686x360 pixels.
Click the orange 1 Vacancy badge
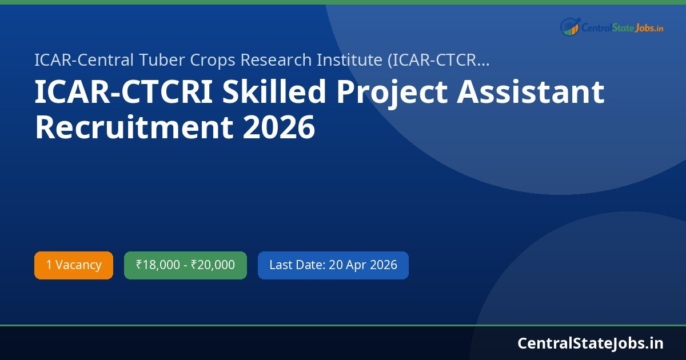pos(74,265)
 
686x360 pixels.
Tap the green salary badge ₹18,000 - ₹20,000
pos(185,265)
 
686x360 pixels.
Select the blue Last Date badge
pos(333,265)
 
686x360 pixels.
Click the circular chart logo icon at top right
pos(570,27)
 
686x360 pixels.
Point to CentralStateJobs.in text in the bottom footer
pos(591,343)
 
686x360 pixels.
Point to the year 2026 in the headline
pos(279,127)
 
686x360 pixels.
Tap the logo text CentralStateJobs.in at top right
pos(622,27)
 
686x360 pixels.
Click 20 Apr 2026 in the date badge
pos(363,265)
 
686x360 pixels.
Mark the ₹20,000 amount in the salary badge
pos(213,265)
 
